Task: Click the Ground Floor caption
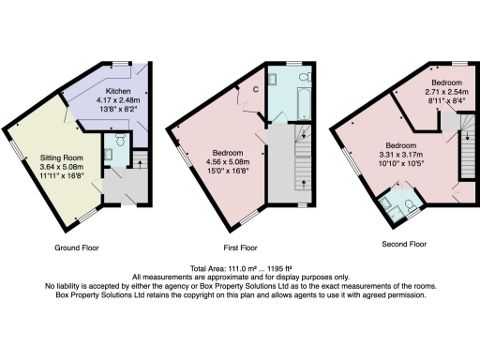(76, 247)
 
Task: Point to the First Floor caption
(241, 247)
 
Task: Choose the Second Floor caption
(405, 244)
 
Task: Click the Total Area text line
(241, 268)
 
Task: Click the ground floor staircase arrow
(140, 163)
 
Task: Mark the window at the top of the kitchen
(121, 62)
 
